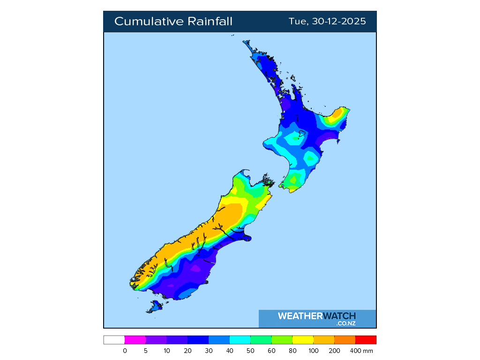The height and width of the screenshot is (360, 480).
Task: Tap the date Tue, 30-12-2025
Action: [x=327, y=22]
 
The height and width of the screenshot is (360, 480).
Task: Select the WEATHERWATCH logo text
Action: [x=317, y=316]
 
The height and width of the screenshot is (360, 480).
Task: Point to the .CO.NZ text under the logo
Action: [x=346, y=323]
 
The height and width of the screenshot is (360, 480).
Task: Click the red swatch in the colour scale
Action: [x=366, y=340]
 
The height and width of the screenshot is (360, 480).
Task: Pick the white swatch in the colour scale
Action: [x=114, y=340]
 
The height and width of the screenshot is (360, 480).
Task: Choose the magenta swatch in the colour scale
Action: [x=135, y=340]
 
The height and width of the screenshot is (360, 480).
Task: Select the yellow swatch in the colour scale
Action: [x=303, y=340]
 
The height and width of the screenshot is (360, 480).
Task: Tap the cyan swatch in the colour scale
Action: [x=240, y=340]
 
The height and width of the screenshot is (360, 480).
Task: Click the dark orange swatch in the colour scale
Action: [x=345, y=340]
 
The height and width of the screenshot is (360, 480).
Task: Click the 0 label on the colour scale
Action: [x=125, y=351]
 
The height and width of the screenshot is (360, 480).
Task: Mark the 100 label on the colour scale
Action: [x=314, y=351]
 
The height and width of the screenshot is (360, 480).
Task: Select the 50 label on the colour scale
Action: [x=251, y=351]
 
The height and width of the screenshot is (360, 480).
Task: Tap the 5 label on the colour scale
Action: [x=146, y=351]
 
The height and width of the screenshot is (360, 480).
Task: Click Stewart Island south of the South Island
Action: [x=154, y=307]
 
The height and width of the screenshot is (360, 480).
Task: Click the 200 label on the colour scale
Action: [x=335, y=351]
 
